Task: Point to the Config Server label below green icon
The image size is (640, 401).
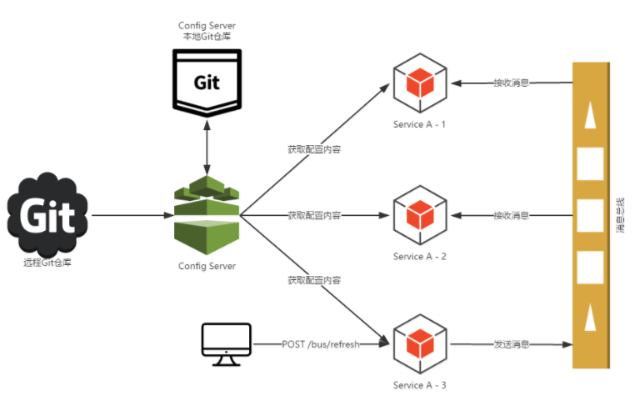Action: [207, 267]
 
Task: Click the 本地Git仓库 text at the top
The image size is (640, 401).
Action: [207, 37]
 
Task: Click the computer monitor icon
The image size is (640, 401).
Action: [227, 343]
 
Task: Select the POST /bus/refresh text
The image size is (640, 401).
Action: [321, 344]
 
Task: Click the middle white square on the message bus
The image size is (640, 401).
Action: [590, 215]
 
